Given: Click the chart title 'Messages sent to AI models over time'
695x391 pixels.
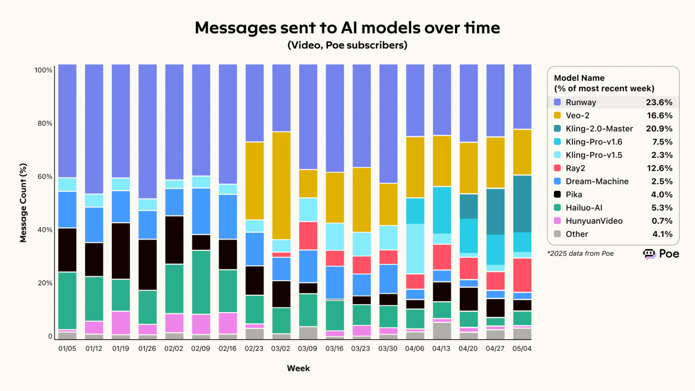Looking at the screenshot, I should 347,28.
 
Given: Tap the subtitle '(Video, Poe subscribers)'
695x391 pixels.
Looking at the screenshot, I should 347,45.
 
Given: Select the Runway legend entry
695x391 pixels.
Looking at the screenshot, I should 581,102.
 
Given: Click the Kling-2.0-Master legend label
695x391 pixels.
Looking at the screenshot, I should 599,129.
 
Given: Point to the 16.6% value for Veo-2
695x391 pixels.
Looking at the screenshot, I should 659,115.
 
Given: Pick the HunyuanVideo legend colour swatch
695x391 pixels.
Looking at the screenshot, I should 557,221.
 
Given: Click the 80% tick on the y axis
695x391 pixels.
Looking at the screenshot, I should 44,123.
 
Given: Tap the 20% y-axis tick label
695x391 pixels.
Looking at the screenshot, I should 44,283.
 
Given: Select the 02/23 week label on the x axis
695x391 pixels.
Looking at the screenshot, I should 254,349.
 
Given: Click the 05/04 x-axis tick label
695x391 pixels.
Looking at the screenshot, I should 522,349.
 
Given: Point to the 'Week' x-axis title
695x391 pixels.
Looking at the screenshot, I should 298,368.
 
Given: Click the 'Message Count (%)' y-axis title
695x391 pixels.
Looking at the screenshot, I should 23,203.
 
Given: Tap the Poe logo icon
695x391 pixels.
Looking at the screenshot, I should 650,254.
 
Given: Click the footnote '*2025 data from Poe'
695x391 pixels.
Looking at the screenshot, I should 580,254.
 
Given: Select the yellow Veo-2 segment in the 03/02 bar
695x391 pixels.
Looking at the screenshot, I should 281,185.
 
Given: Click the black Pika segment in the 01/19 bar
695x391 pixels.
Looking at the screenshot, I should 121,251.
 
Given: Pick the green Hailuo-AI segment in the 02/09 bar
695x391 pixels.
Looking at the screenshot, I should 201,282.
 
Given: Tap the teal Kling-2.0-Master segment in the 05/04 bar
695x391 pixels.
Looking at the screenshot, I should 522,203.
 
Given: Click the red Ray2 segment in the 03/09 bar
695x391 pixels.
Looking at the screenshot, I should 308,235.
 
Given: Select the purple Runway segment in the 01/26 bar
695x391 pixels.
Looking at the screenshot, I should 147,132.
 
